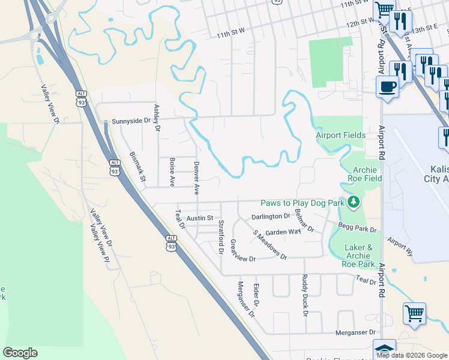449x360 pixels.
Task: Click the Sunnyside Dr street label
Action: point(128,121)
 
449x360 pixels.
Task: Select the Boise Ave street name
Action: point(172,172)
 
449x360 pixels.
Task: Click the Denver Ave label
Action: point(196,178)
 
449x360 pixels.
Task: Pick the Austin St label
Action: point(200,218)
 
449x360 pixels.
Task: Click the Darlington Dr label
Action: point(271,216)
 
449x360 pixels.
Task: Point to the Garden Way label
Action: point(283,232)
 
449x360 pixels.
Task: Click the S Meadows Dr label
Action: point(270,244)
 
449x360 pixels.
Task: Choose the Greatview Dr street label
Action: point(243,251)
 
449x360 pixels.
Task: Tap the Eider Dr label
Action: point(256,295)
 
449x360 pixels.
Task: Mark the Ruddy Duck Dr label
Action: point(305,295)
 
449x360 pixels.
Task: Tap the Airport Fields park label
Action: point(341,136)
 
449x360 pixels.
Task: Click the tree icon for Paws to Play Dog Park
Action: point(354,203)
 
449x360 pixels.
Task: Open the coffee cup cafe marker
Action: point(387,86)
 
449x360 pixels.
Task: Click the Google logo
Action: point(20,353)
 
